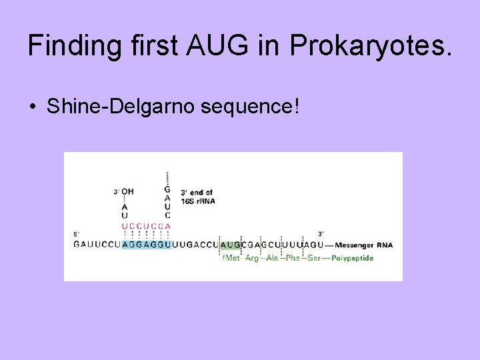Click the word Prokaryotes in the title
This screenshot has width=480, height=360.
tap(371, 47)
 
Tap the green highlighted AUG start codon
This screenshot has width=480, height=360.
tap(230, 245)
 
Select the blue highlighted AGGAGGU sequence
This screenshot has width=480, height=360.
tap(145, 245)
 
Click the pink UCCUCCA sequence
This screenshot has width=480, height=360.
tap(146, 226)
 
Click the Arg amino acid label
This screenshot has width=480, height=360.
tap(252, 258)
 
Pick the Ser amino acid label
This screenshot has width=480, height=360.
tap(313, 258)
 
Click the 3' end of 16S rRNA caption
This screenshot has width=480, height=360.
tap(197, 197)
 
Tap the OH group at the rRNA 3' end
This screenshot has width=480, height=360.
tap(127, 192)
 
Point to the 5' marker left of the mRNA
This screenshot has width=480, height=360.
tap(77, 234)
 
